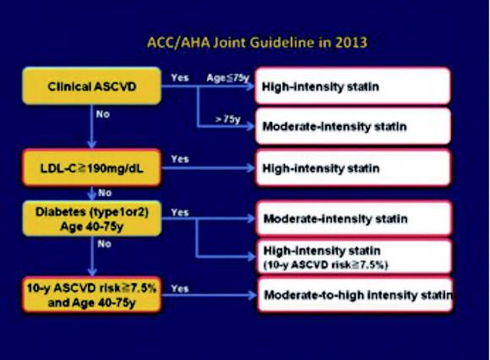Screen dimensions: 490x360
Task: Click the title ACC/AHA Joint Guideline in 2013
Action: coord(257,42)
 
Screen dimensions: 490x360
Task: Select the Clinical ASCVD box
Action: coord(92,86)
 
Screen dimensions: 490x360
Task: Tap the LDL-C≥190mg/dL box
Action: coord(92,168)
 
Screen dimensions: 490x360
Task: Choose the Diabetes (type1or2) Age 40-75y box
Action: coord(92,218)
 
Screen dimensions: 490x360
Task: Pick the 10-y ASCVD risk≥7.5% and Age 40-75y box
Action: coord(92,295)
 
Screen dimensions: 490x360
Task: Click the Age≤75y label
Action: coord(228,78)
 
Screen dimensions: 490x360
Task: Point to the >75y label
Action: coord(228,119)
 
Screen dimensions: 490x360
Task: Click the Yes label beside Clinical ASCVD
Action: coord(180,78)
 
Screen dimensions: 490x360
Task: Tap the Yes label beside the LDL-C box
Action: coord(180,159)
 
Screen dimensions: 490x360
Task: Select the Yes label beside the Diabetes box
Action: coord(180,212)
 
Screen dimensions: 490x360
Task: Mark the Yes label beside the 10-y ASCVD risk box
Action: coord(180,288)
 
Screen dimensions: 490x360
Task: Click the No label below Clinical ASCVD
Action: coord(103,114)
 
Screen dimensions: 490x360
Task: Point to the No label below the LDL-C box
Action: coord(105,193)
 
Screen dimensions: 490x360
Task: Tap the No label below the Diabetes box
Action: coord(104,243)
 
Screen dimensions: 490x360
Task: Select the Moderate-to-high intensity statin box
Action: coord(355,295)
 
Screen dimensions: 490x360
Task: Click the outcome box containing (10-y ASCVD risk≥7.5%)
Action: coord(354,257)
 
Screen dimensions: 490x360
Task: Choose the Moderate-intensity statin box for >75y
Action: coord(353,126)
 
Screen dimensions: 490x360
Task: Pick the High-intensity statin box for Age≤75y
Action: coord(353,85)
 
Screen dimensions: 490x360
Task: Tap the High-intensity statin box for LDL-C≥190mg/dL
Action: coord(353,168)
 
